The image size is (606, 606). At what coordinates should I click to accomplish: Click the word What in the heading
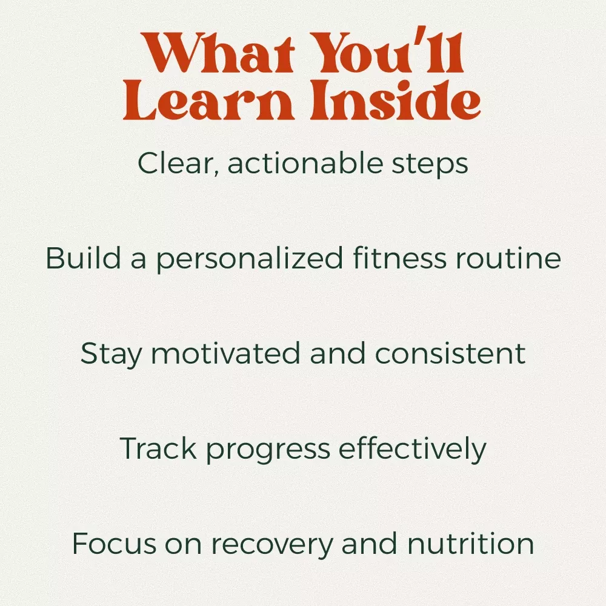(x=218, y=53)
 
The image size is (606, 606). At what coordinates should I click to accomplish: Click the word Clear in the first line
(x=178, y=163)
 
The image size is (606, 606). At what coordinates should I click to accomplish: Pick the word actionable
(x=305, y=162)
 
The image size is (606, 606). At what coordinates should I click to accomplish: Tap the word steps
(x=430, y=165)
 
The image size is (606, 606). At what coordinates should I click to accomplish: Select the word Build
(x=84, y=258)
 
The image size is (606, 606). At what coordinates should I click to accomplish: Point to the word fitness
(x=399, y=258)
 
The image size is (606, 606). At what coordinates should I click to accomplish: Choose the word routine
(x=508, y=258)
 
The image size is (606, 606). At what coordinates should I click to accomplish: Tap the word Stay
(x=112, y=354)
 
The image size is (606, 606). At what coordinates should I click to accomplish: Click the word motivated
(x=225, y=353)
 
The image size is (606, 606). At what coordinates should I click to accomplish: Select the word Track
(x=158, y=448)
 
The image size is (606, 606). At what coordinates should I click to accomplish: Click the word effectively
(x=412, y=449)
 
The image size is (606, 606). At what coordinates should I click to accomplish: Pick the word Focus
(x=114, y=544)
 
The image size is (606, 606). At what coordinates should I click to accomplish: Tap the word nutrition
(x=471, y=544)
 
